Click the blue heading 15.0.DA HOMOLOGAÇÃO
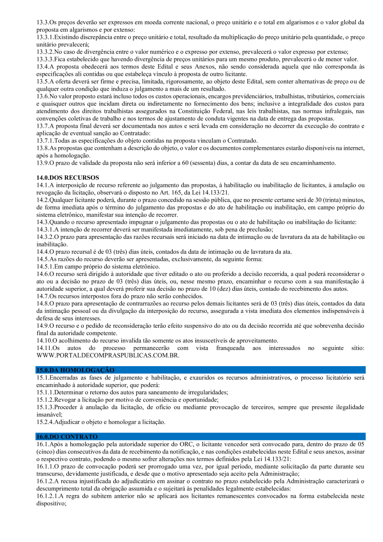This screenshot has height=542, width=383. coord(75,370)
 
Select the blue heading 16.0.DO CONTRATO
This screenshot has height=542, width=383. coord(67,436)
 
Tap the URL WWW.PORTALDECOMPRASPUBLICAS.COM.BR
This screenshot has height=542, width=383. coord(108,355)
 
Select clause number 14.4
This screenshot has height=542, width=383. coord(43,252)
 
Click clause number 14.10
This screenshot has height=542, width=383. coord(44,340)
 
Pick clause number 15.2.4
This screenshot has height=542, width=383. coord(45,422)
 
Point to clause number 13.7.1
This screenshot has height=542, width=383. coord(45,141)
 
